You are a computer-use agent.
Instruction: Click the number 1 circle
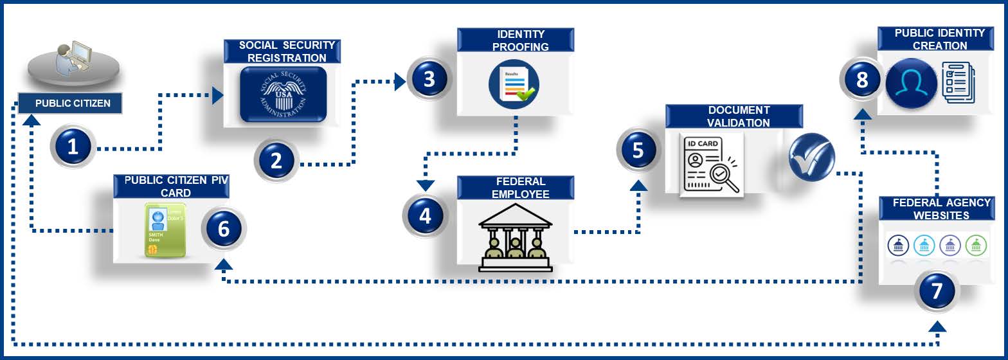73,147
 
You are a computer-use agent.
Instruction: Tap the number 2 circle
276,161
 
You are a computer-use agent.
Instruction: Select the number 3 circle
429,80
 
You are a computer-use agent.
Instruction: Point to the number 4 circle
425,215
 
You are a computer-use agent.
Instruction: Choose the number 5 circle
638,150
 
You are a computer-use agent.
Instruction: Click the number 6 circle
224,229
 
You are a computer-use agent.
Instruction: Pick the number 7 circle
936,291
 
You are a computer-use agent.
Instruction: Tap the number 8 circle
862,80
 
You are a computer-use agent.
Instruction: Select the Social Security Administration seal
283,94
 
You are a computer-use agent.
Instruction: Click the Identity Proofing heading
515,40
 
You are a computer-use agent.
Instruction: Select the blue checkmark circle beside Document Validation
811,158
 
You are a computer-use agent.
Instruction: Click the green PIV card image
165,230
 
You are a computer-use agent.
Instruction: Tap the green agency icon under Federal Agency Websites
976,245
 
